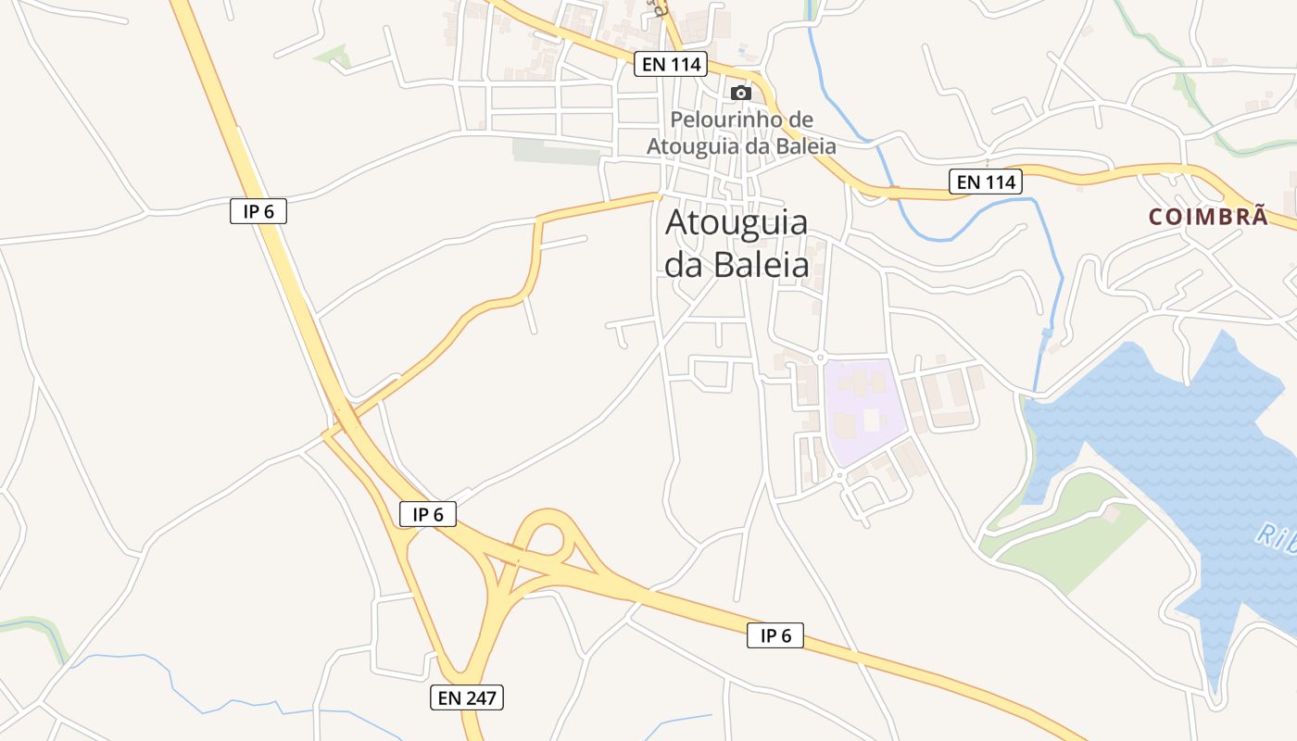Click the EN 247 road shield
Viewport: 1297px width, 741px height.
[x=467, y=697]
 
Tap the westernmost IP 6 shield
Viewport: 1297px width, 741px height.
[x=258, y=211]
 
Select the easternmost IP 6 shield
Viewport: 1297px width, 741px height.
[x=775, y=635]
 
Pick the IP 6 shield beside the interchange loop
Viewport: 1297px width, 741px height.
[x=428, y=514]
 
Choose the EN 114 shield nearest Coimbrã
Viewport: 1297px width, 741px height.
[x=987, y=182]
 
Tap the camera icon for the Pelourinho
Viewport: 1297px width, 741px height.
[x=740, y=93]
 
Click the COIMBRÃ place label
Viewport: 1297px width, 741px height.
[x=1208, y=217]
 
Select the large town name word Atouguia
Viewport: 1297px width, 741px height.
[x=737, y=223]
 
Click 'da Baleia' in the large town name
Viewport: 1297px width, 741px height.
[x=737, y=266]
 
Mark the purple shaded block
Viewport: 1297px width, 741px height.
[x=862, y=412]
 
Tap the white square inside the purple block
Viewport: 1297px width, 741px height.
[x=871, y=421]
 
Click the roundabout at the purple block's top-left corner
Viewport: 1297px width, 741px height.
[x=820, y=358]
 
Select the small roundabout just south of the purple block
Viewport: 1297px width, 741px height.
[x=839, y=475]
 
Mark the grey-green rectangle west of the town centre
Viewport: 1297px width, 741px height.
[x=556, y=152]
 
